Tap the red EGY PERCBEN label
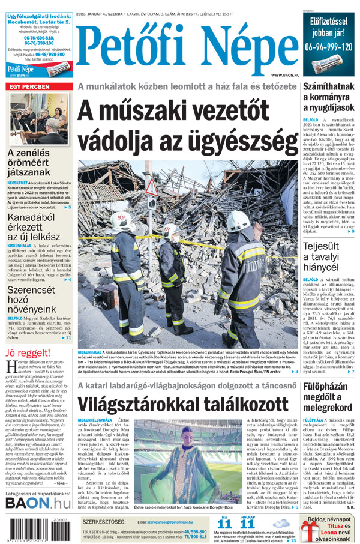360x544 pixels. (x=28, y=87)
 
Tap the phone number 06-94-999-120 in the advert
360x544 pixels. (x=329, y=46)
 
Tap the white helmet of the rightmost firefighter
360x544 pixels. (x=238, y=220)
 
